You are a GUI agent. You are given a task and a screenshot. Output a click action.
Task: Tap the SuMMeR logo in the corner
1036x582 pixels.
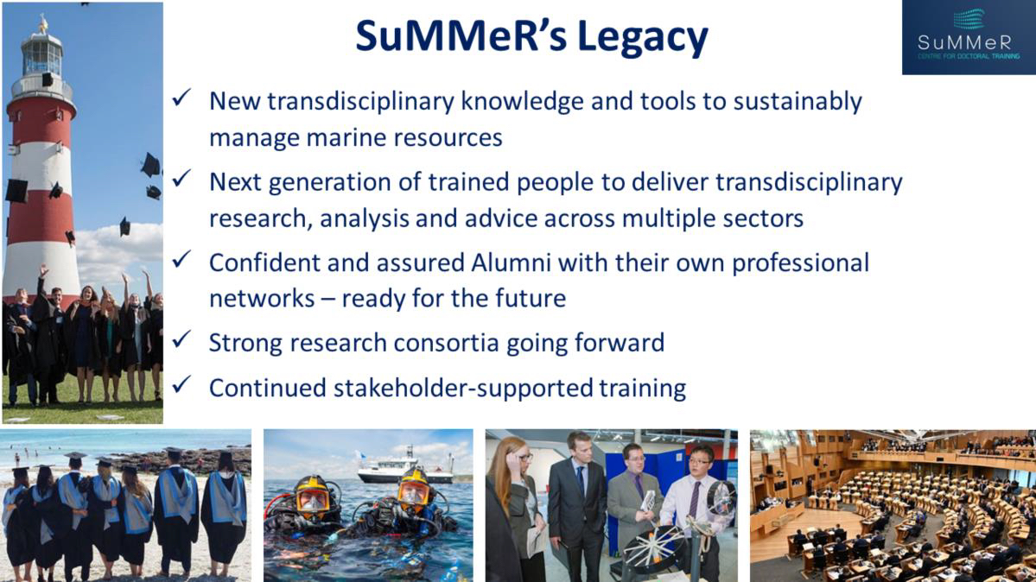point(969,37)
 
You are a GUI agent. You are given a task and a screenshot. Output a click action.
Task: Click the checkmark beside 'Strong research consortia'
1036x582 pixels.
point(181,340)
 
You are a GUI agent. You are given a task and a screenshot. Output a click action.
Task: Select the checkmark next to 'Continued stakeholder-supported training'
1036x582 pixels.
point(181,384)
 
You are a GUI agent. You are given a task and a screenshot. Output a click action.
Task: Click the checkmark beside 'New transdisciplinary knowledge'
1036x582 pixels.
point(181,98)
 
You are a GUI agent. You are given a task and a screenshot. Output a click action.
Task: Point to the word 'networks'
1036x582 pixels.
point(262,299)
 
